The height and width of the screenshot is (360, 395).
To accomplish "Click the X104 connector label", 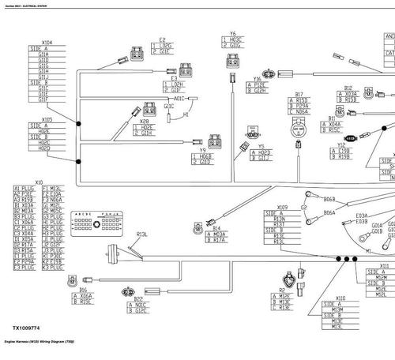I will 47,42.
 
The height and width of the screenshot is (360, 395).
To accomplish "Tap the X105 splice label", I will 47,120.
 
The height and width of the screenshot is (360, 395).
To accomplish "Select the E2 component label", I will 163,39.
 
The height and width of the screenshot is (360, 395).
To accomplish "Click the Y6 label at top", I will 232,34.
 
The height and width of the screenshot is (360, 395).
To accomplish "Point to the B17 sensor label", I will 298,94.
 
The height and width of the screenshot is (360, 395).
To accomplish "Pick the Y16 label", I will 256,79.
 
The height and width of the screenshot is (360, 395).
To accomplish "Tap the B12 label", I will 348,88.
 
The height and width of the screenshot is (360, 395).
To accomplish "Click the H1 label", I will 186,114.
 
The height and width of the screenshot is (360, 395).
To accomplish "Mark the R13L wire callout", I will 142,234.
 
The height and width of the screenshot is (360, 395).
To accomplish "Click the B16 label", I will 83,290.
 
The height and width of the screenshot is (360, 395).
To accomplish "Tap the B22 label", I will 138,299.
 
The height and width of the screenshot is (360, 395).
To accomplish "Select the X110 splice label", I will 340,298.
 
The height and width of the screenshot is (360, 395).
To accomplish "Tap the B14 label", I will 216,228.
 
